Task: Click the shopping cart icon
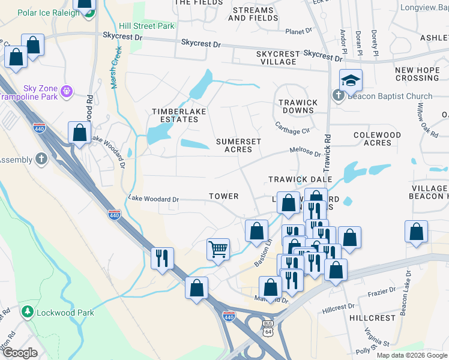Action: (218, 248)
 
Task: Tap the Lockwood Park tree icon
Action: (27, 312)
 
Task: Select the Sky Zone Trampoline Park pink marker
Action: (66, 91)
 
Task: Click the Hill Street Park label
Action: (146, 26)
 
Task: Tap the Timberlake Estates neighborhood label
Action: (175, 115)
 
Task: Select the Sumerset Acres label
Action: (238, 145)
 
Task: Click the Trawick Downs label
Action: (298, 107)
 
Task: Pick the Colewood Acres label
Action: (377, 139)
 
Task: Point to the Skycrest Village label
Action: (277, 58)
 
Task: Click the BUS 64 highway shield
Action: (268, 326)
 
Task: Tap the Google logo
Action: (20, 353)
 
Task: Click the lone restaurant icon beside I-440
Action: (162, 258)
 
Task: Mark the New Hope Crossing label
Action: (417, 74)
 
